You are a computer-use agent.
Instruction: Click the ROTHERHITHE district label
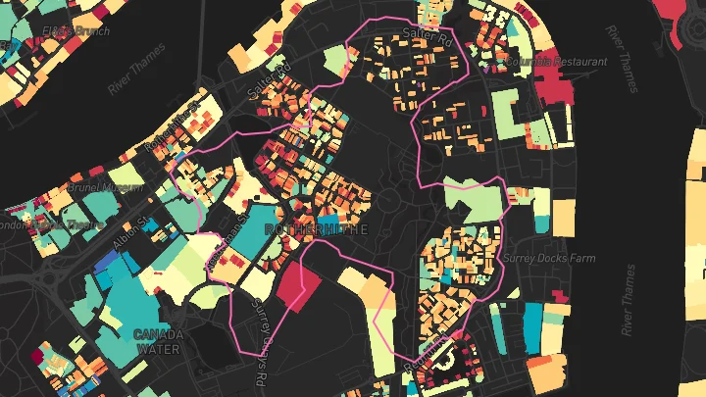point(309,229)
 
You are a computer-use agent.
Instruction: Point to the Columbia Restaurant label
point(557,62)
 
